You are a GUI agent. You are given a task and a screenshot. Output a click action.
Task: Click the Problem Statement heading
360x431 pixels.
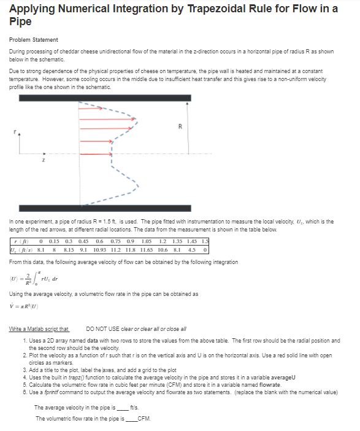[x=34, y=40]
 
